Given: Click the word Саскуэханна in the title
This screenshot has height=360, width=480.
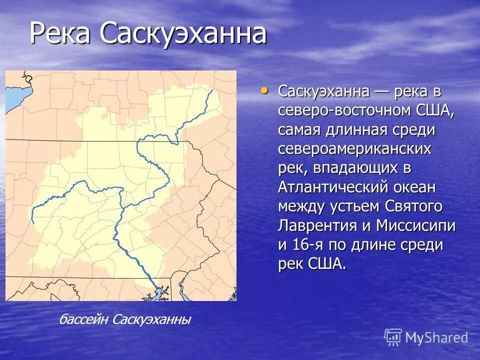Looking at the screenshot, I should click(182, 33).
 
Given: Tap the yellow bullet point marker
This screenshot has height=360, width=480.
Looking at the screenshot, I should click(264, 90).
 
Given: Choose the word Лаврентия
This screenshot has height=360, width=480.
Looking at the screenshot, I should click(317, 225).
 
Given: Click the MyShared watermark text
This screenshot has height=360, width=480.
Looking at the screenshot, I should click(436, 337).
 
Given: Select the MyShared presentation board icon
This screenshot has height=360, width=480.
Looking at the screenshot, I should click(393, 337).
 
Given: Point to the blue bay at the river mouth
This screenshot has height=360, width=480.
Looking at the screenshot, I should click(161, 292).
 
